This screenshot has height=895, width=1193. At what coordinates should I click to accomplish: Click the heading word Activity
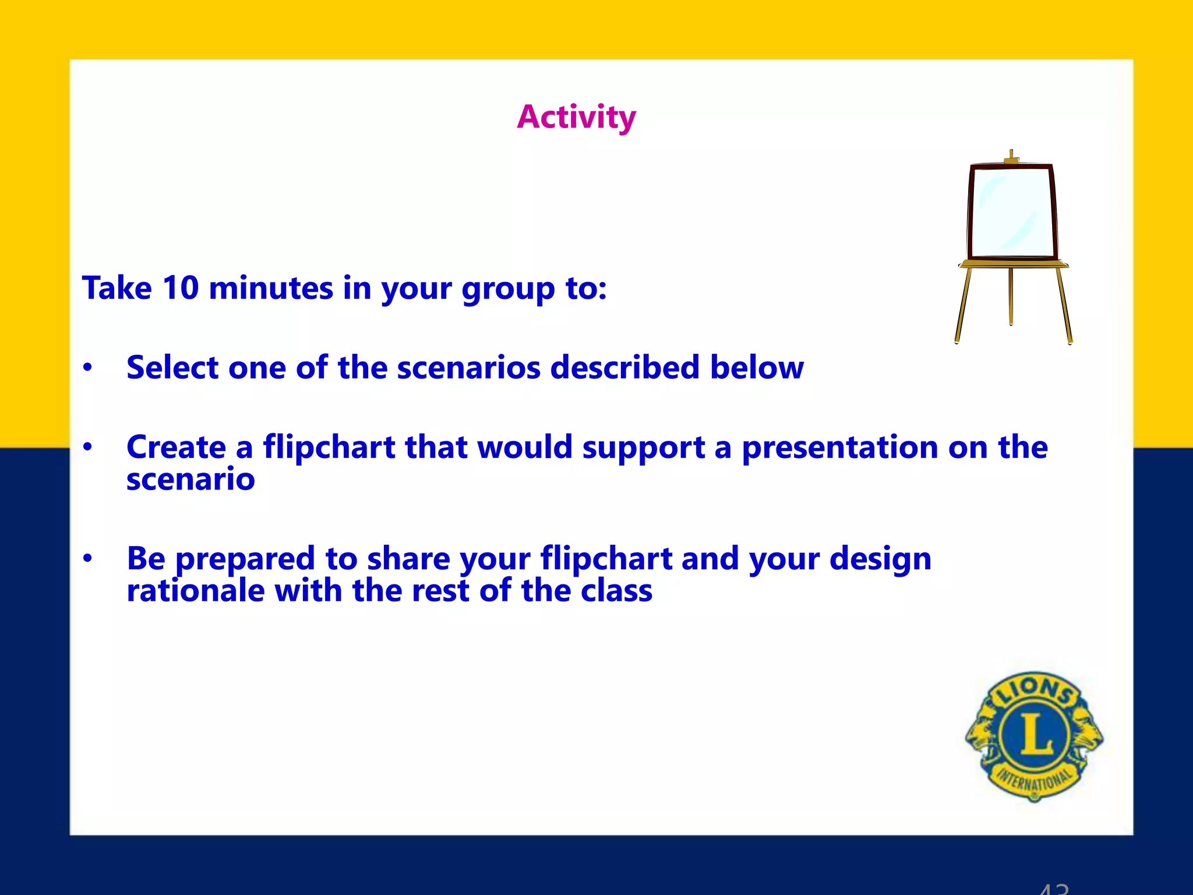point(576,118)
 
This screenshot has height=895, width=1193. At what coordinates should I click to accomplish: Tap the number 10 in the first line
point(181,288)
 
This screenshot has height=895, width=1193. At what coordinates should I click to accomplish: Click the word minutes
point(271,288)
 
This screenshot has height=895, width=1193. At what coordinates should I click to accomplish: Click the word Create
point(176,447)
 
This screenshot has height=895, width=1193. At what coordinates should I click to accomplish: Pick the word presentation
point(839,447)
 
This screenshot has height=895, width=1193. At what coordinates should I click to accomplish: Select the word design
point(880,559)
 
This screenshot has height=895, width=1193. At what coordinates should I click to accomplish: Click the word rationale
point(196,591)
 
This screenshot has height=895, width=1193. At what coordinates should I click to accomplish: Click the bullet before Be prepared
point(87,559)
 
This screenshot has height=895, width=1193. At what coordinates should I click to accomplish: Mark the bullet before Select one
point(87,368)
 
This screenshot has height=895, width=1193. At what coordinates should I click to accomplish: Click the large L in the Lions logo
point(1035,734)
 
